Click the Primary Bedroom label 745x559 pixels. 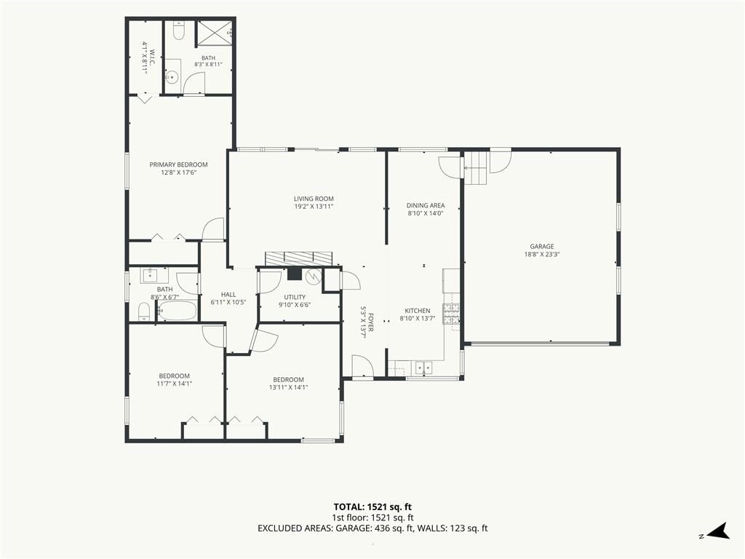[179, 164]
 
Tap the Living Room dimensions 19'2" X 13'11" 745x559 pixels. [314, 206]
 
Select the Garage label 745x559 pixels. [541, 246]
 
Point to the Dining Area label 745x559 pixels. [425, 205]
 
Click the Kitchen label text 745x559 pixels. [418, 311]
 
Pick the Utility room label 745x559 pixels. [295, 297]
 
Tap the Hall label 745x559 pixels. [228, 294]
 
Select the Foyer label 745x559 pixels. [370, 322]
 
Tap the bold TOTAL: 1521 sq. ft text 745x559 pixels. [369, 507]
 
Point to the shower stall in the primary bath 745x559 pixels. [214, 33]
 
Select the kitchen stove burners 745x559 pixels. [451, 313]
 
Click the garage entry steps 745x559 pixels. [477, 168]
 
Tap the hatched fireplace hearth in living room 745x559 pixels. [298, 258]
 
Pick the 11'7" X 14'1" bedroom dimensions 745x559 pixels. [175, 384]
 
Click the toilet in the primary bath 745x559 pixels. [179, 31]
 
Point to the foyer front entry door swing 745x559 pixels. [362, 365]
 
